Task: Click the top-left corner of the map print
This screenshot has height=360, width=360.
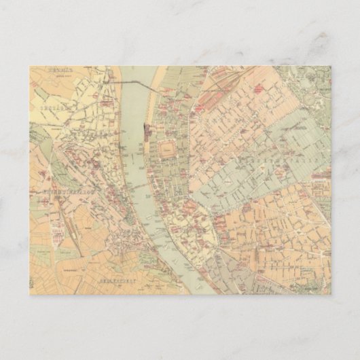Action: tap(30, 66)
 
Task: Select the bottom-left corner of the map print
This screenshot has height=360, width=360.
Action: tap(30, 294)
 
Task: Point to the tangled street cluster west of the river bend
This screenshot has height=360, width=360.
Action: tap(123, 238)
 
